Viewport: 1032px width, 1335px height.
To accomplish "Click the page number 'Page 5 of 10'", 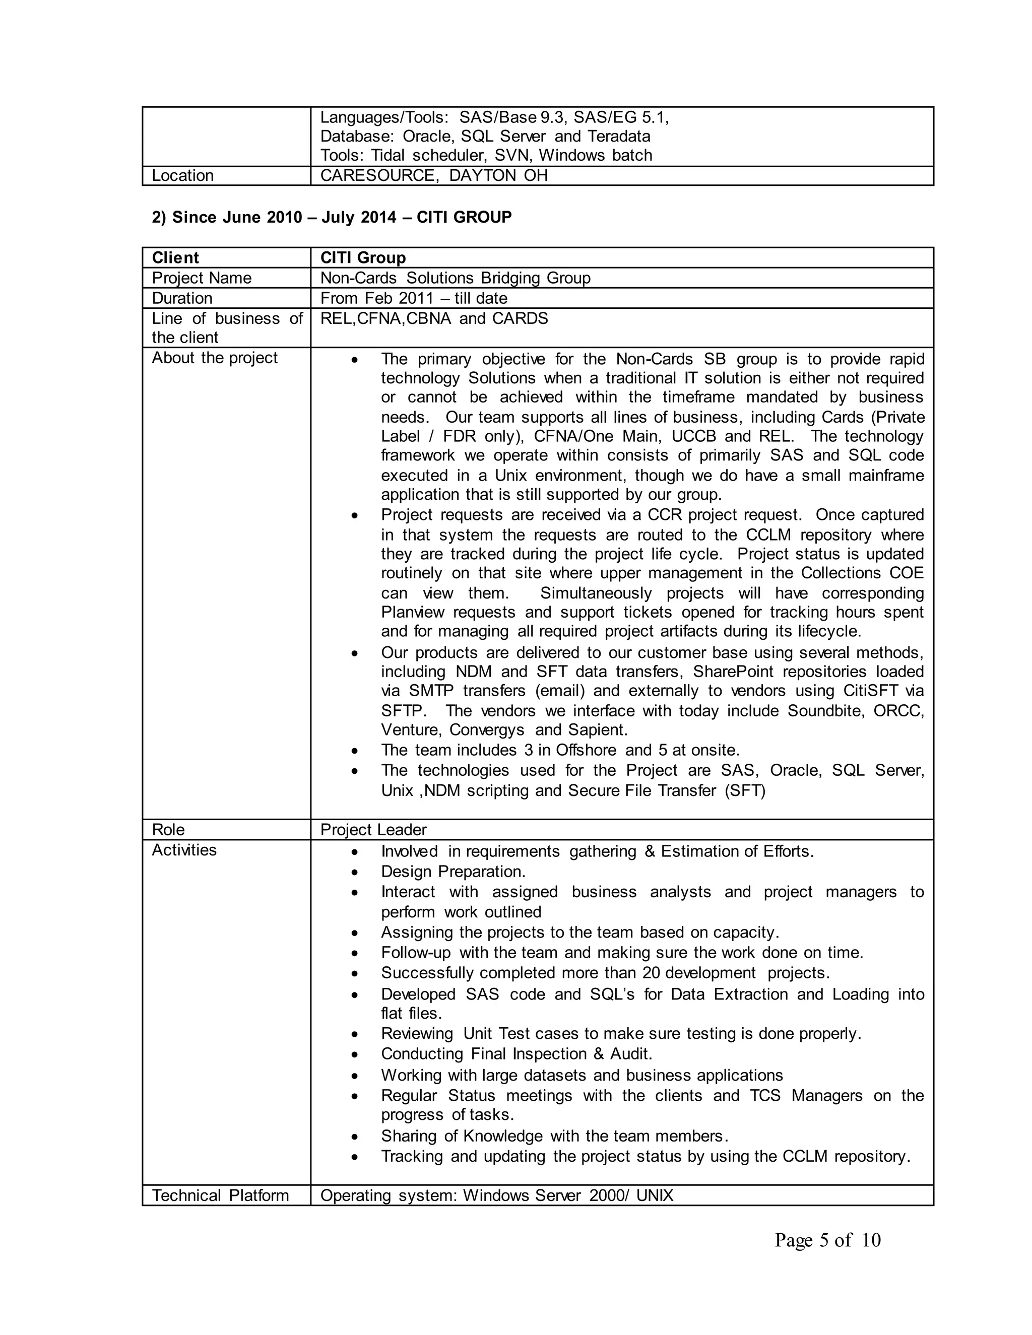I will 827,1240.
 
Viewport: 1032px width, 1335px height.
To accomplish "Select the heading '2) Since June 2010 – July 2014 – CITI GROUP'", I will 332,217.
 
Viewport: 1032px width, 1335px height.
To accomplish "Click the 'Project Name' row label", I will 201,278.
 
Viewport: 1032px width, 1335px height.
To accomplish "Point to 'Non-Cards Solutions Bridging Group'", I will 455,278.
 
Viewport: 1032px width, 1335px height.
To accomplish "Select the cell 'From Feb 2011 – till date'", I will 413,298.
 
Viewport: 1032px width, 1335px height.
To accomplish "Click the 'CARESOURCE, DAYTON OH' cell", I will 433,175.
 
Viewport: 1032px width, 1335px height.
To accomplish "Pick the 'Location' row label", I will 182,175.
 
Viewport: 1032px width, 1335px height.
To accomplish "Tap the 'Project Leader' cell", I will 373,830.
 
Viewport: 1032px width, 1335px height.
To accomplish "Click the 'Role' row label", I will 168,830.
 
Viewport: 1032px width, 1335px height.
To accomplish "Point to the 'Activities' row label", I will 184,850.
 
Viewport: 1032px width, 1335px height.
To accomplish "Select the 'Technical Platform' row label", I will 220,1195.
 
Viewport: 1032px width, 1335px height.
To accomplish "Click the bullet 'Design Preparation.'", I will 453,871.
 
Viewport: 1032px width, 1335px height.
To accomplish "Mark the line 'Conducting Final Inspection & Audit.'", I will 517,1054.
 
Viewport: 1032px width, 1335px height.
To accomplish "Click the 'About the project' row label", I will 214,358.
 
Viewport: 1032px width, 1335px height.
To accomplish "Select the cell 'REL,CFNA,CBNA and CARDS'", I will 434,318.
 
